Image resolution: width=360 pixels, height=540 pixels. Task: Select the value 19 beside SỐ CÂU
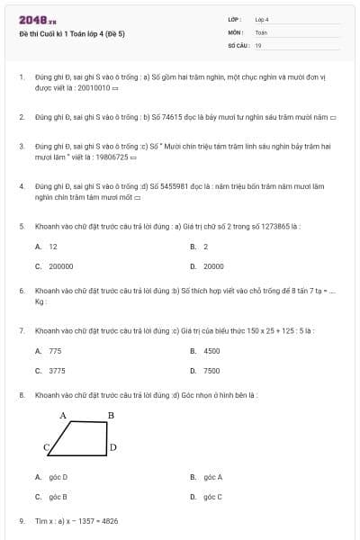[x=258, y=45]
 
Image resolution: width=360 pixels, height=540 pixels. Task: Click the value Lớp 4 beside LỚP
[x=262, y=19]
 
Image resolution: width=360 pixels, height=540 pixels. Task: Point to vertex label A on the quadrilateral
[x=63, y=415]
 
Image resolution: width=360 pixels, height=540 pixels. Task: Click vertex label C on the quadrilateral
[x=46, y=447]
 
